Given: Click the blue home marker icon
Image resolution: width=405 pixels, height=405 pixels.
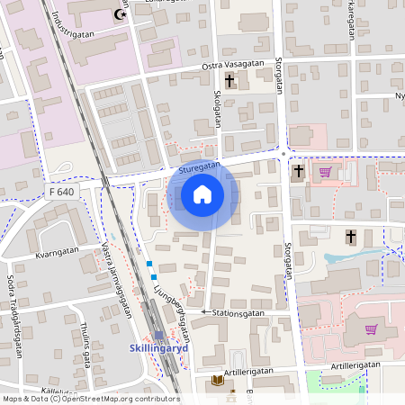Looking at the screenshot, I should click(202, 193).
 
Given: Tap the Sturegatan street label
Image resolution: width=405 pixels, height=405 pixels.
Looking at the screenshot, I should click(199, 167).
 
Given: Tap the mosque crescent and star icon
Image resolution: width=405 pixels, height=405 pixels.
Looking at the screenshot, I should click(120, 13).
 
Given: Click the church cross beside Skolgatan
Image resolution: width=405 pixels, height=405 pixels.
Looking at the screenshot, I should click(229, 81).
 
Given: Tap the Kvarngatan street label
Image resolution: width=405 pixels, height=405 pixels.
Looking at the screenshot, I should click(58, 254).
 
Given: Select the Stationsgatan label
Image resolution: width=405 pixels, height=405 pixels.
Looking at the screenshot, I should click(238, 312).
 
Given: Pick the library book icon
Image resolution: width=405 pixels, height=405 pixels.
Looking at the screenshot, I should click(216, 381).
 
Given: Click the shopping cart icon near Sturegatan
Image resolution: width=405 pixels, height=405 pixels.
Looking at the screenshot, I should click(324, 171).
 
